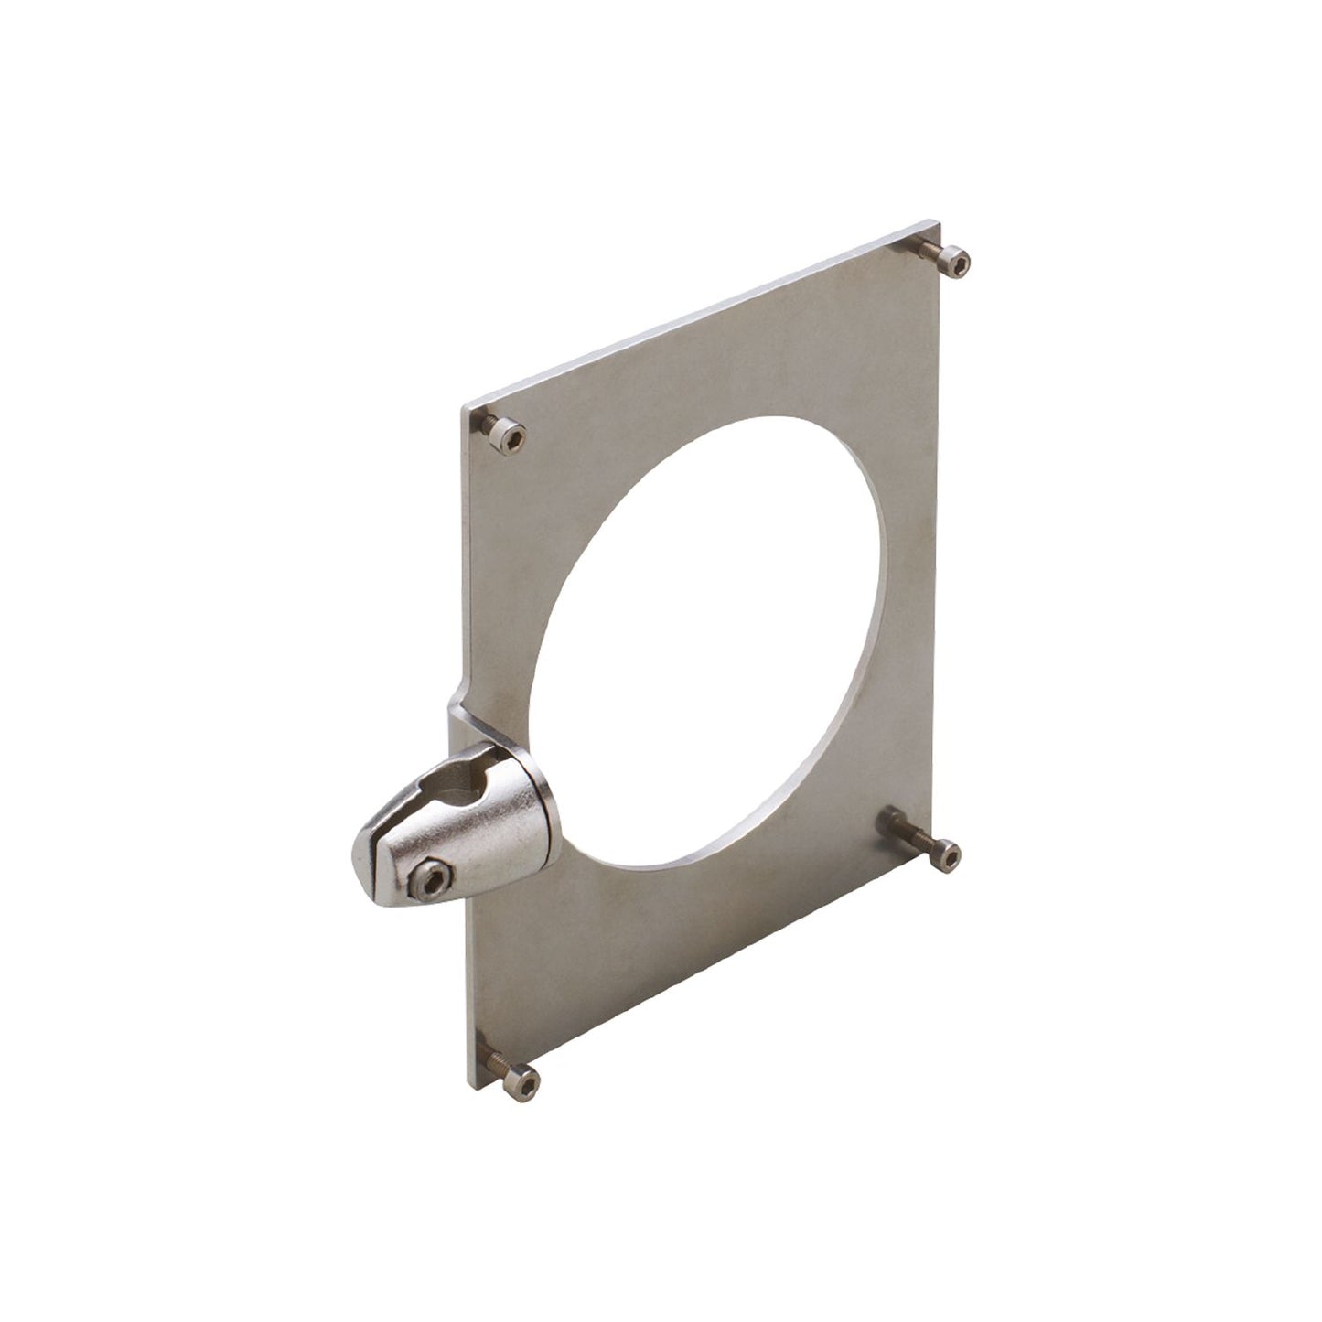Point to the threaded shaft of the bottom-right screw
pos(909,833)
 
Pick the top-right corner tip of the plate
pos(937,221)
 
